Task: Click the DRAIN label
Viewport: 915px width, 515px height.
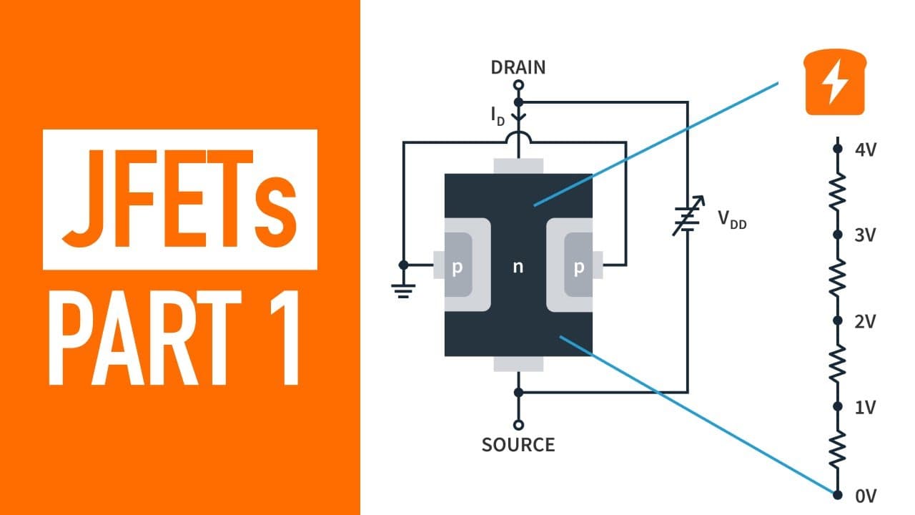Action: point(518,67)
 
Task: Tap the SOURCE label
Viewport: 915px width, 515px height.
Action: point(518,445)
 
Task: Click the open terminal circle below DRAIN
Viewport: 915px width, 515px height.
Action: point(518,85)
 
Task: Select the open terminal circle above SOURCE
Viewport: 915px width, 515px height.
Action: point(518,425)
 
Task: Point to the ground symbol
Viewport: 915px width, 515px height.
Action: point(403,291)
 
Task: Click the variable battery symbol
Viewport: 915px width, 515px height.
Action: point(688,216)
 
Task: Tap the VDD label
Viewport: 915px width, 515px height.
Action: point(732,220)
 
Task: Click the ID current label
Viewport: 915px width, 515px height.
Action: point(498,116)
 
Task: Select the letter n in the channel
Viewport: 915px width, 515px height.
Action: point(518,267)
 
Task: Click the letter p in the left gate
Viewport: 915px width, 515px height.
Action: point(457,268)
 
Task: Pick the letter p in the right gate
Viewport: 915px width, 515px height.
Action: point(579,268)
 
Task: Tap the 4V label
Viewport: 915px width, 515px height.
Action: point(866,150)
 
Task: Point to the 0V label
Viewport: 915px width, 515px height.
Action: point(866,496)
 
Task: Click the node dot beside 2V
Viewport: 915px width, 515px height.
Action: point(838,320)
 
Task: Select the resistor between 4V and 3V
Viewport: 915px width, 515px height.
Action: point(838,192)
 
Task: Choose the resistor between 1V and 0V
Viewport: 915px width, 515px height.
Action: point(838,450)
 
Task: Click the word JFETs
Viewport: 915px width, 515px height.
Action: point(179,199)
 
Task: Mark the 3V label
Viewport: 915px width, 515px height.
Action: point(865,235)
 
